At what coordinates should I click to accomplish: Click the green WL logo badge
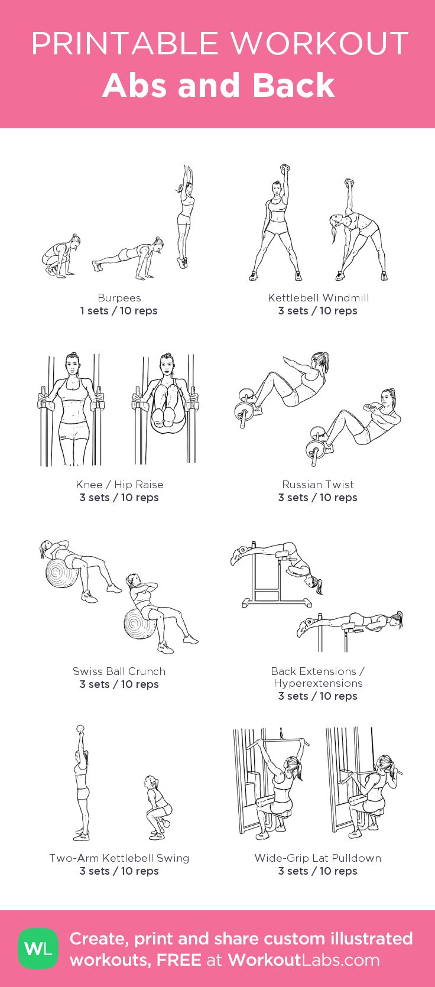pyautogui.click(x=38, y=949)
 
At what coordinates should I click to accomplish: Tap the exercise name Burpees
pyautogui.click(x=119, y=298)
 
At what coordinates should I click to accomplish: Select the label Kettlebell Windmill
pyautogui.click(x=318, y=298)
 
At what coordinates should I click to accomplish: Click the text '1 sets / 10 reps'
pyautogui.click(x=119, y=311)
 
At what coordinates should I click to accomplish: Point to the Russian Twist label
pyautogui.click(x=318, y=485)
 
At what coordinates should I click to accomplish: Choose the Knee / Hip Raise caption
pyautogui.click(x=119, y=485)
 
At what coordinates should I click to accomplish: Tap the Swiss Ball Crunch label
pyautogui.click(x=119, y=671)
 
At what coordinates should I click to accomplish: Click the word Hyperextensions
pyautogui.click(x=318, y=683)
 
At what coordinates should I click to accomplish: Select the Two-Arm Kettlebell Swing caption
pyautogui.click(x=119, y=858)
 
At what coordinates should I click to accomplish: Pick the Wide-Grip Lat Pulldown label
pyautogui.click(x=318, y=858)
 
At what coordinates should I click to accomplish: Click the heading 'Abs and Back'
pyautogui.click(x=219, y=86)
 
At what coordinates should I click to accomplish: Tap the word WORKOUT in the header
pyautogui.click(x=319, y=44)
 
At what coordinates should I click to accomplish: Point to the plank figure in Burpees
pyautogui.click(x=128, y=258)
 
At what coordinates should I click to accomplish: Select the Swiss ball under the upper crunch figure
pyautogui.click(x=61, y=572)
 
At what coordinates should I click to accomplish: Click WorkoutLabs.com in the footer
pyautogui.click(x=304, y=960)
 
